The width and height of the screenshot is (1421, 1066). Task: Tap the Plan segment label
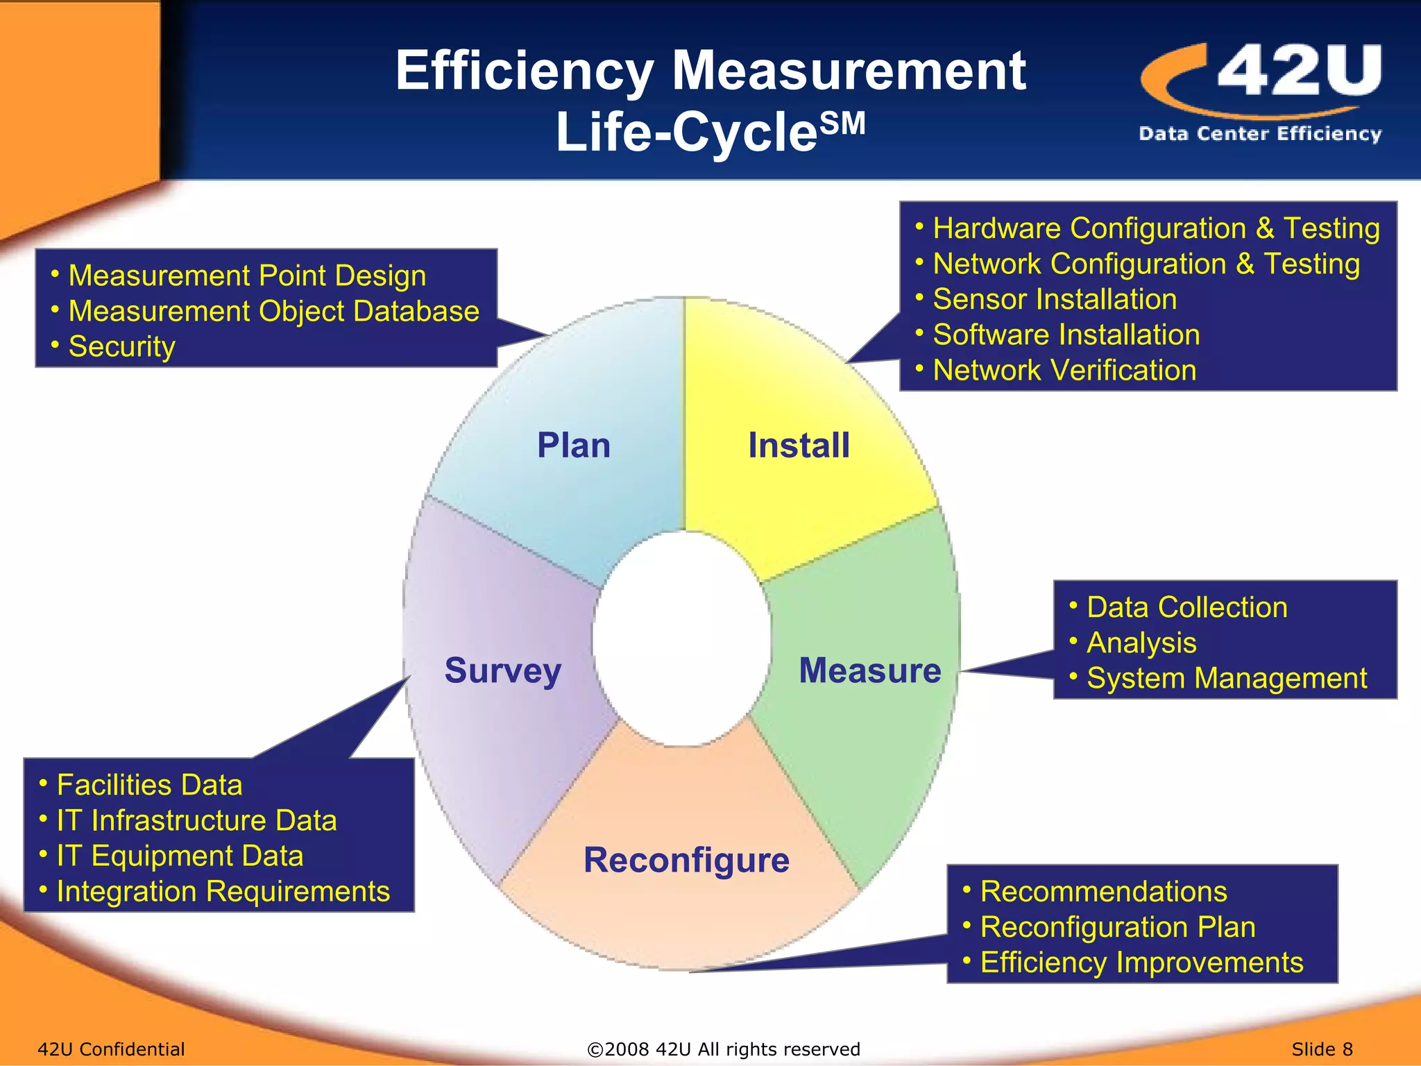(x=574, y=446)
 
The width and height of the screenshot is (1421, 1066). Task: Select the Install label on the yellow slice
(x=799, y=446)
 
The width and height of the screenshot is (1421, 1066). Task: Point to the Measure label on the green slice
(x=869, y=670)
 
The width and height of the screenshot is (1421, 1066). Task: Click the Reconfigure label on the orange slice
(x=686, y=861)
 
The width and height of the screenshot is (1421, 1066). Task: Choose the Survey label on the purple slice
(x=503, y=671)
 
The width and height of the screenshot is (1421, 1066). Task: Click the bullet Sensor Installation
(x=1054, y=299)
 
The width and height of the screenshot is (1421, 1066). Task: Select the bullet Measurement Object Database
(x=273, y=311)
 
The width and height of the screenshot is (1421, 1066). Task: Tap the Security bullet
(x=121, y=346)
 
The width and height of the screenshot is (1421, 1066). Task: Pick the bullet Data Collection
(x=1186, y=607)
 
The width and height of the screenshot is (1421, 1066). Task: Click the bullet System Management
(x=1226, y=678)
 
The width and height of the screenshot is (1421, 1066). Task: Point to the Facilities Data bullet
(x=149, y=785)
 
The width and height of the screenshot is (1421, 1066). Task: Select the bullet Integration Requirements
(x=223, y=891)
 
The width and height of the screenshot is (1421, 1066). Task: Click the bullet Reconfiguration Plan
(x=1117, y=927)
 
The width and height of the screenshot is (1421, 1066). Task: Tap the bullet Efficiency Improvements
(x=1141, y=963)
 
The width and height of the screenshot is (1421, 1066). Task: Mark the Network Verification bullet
(x=1064, y=370)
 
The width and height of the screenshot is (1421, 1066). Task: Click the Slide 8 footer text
(x=1322, y=1049)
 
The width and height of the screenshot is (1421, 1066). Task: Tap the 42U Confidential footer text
(x=111, y=1049)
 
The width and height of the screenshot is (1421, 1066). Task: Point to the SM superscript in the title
(x=842, y=124)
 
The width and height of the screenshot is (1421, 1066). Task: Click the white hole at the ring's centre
(x=682, y=638)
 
